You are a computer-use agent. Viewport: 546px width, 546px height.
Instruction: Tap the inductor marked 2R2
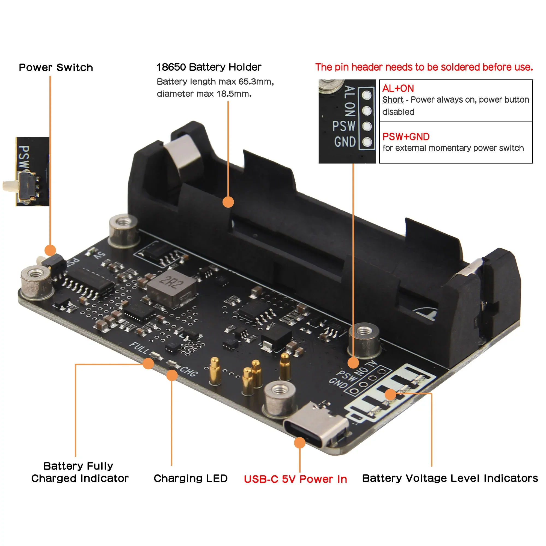coord(171,288)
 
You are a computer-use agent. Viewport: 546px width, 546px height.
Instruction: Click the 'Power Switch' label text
coord(56,67)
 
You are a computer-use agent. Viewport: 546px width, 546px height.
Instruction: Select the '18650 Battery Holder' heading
coord(209,67)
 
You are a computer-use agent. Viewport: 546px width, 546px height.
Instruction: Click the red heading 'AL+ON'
coord(398,88)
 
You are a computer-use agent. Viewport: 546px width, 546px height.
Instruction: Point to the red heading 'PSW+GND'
coord(406,137)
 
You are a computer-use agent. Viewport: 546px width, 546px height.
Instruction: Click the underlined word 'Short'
coord(393,100)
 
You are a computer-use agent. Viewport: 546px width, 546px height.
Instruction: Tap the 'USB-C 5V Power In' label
coord(295,479)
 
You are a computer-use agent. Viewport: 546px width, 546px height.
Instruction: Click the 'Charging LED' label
coord(191,478)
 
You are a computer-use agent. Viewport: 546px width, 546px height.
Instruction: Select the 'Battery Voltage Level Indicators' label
coord(450,478)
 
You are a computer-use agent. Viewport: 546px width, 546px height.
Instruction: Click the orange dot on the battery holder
coord(228,202)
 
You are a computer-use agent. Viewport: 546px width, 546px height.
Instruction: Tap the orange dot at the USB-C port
coord(299,443)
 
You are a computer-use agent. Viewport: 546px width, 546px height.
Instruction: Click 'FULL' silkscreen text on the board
coord(139,348)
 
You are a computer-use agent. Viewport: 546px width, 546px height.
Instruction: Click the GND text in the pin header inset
coord(345,142)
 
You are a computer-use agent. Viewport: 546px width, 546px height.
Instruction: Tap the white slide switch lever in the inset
coord(10,185)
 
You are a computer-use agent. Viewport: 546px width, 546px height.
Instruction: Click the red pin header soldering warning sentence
coord(424,67)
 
